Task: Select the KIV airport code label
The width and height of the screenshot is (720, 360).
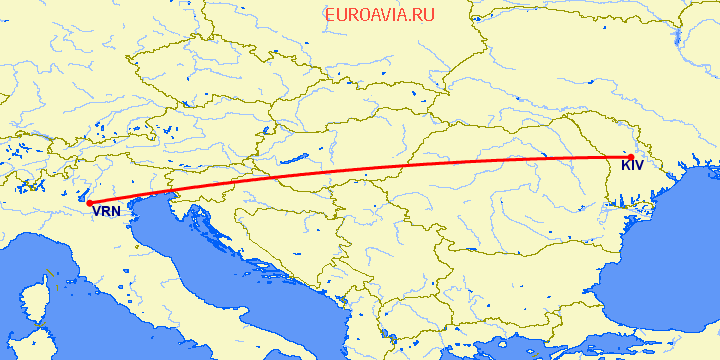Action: tap(632, 166)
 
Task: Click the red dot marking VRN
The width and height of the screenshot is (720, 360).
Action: tap(90, 204)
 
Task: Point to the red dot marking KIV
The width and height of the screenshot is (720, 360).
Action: tap(630, 156)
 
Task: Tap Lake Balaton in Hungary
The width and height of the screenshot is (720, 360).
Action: tap(293, 158)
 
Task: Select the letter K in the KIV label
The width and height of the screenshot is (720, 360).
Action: tap(625, 166)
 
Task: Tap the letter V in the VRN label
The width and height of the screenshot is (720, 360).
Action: tap(96, 211)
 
